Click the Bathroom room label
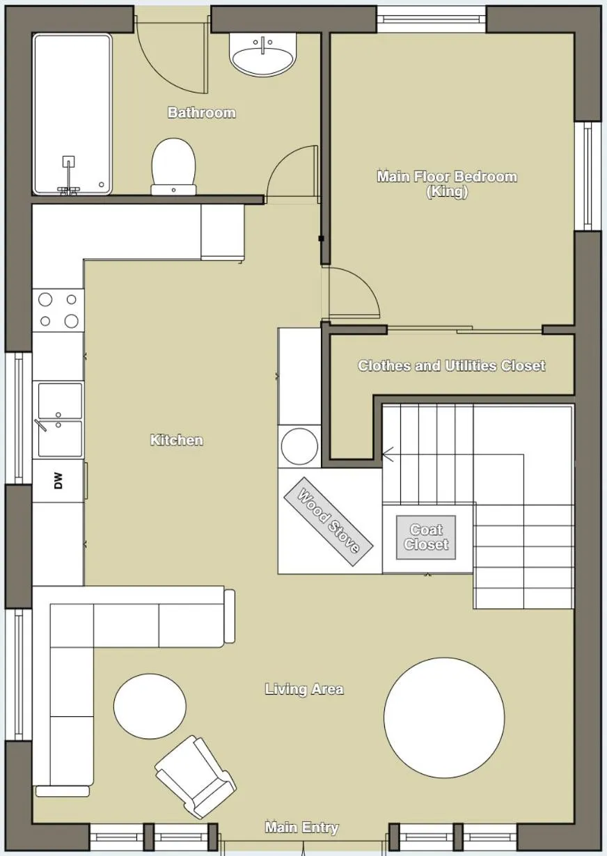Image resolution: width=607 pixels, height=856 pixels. tap(202, 113)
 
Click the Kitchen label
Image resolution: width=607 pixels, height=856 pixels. tap(177, 440)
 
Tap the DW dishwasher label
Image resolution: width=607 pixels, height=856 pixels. tap(58, 480)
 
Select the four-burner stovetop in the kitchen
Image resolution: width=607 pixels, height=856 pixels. tap(58, 310)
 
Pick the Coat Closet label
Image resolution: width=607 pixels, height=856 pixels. tap(426, 537)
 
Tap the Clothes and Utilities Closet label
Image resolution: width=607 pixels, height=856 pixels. tap(451, 365)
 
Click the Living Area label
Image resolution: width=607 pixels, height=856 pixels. tap(304, 689)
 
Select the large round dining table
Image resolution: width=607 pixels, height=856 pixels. tap(444, 718)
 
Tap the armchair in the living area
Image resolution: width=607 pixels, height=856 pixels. tap(195, 775)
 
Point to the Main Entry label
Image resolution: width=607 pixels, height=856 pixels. tap(301, 827)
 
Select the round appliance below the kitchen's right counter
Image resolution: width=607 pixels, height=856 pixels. tap(299, 445)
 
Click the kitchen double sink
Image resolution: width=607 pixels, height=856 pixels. tap(60, 420)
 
